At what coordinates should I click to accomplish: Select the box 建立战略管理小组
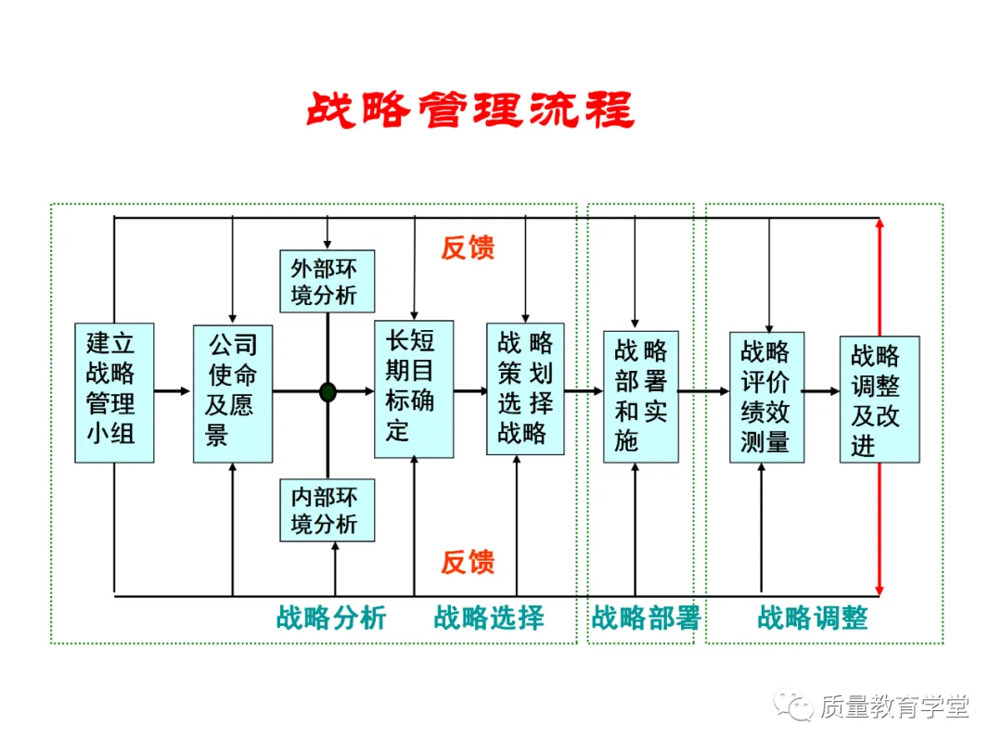(x=114, y=393)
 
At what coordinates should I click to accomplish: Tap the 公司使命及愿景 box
(x=232, y=393)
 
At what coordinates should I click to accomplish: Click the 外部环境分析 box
(x=328, y=281)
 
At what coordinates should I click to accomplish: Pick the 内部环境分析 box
(x=328, y=510)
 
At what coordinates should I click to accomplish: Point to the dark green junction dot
(x=328, y=392)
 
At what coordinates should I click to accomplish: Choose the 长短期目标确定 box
(x=414, y=388)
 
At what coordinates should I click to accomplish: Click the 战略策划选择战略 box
(x=525, y=388)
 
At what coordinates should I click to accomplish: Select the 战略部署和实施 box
(x=640, y=396)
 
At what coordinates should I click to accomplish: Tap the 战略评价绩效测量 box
(x=766, y=397)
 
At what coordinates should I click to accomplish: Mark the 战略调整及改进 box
(x=879, y=400)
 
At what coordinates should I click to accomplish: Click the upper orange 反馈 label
(x=468, y=248)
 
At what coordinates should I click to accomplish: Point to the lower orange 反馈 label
(x=468, y=562)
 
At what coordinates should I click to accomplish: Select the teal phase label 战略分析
(x=331, y=617)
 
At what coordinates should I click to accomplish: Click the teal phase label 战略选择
(x=489, y=617)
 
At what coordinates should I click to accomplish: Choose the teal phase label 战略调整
(x=813, y=617)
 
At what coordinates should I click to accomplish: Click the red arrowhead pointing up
(x=879, y=224)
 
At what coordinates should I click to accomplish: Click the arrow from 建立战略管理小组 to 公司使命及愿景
(x=173, y=392)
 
